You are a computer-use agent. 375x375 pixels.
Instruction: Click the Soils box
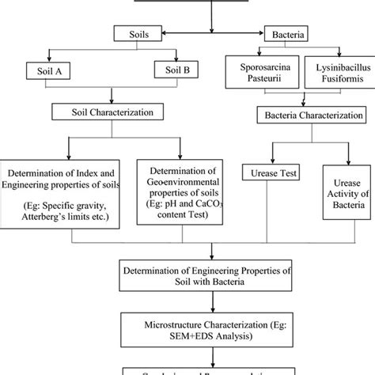pyautogui.click(x=136, y=35)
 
